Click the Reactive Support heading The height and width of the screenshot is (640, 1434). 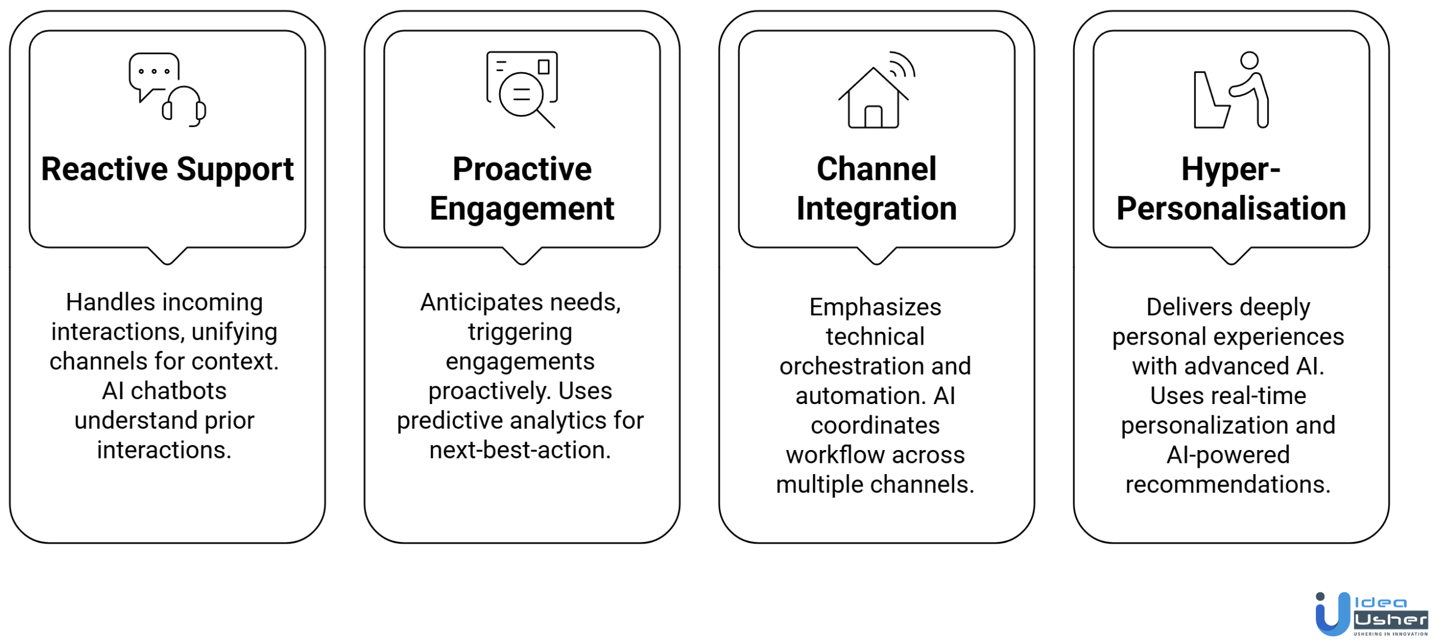pos(167,169)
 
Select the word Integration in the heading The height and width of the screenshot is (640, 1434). pos(876,208)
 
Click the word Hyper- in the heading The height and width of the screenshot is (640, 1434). pos(1230,169)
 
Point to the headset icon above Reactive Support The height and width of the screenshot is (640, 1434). pos(184,106)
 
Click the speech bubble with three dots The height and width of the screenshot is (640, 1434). pos(153,72)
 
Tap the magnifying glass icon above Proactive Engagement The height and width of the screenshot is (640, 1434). pos(523,96)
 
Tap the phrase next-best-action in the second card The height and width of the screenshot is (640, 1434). pos(520,450)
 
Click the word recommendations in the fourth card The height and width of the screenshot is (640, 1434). pos(1227,484)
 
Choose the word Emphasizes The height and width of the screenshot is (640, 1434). pos(875,307)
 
